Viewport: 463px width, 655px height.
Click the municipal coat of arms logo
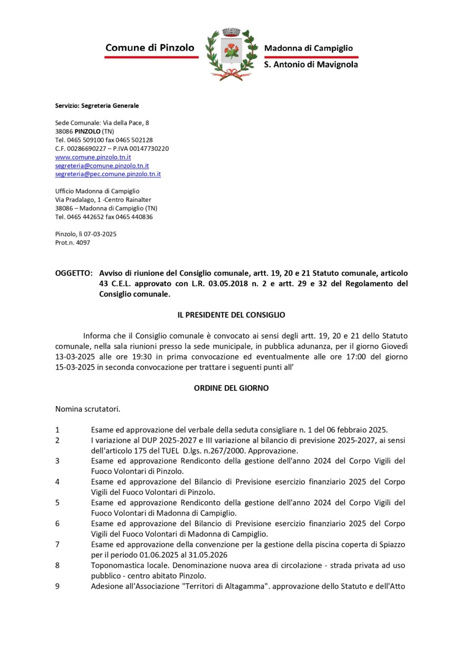(x=231, y=54)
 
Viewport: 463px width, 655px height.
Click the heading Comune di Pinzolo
(x=150, y=48)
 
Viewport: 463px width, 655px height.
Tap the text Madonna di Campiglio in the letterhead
(x=308, y=48)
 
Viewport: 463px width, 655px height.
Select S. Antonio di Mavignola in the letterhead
(x=310, y=64)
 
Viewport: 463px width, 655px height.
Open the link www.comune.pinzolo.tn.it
(x=93, y=157)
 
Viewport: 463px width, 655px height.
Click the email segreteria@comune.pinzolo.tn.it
(x=102, y=166)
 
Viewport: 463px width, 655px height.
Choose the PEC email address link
(x=108, y=174)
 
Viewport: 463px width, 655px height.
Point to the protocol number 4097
(x=83, y=242)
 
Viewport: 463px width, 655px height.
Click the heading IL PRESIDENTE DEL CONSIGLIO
(x=231, y=315)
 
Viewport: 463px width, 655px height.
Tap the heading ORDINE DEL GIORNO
(x=231, y=388)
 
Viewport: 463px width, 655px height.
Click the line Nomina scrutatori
(x=88, y=409)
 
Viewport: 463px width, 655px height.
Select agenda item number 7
(x=58, y=545)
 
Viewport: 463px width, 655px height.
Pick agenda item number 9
(x=58, y=586)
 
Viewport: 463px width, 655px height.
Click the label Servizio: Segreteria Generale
(x=97, y=106)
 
